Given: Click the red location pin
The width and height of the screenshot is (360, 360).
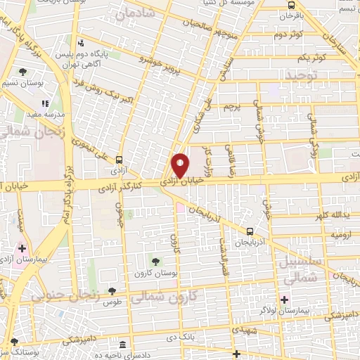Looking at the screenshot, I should click(181, 165).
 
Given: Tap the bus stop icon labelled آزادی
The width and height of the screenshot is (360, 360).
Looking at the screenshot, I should click(118, 160).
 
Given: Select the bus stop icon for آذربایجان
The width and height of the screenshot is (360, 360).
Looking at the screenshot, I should click(250, 231).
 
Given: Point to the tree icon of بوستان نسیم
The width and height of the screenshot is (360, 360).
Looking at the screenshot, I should click(23, 71).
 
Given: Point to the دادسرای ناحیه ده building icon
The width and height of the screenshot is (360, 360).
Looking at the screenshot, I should click(123, 345).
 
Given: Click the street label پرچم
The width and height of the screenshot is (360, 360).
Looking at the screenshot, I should click(232, 107).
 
